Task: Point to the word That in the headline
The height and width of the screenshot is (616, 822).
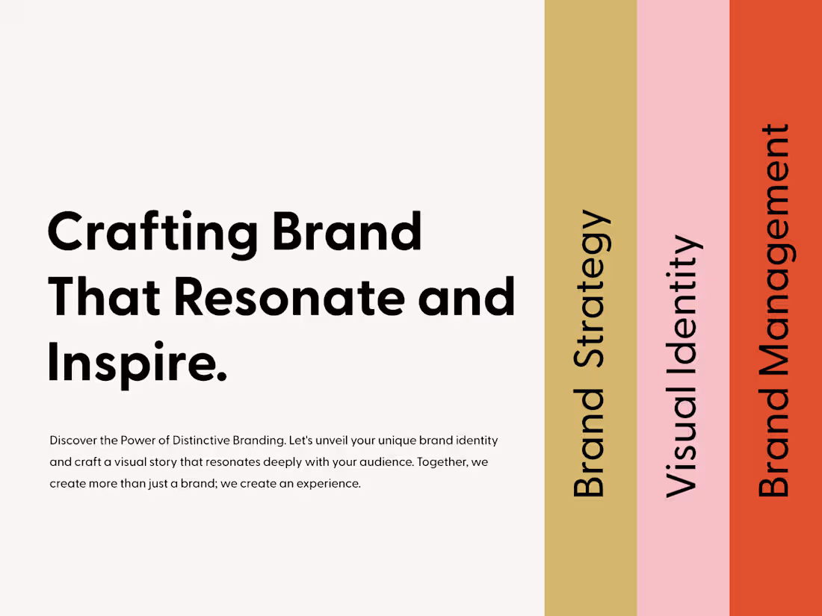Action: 105,296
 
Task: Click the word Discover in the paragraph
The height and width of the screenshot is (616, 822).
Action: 72,441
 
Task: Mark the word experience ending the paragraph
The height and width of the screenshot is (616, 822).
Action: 330,484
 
